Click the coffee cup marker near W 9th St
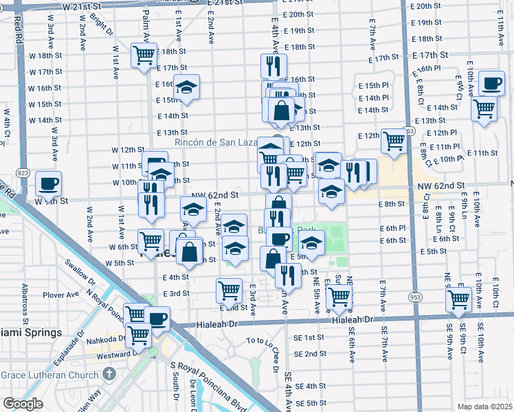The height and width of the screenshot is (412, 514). pyautogui.click(x=48, y=184)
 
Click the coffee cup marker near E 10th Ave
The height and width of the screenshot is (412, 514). pyautogui.click(x=491, y=84)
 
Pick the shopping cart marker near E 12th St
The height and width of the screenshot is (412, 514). pyautogui.click(x=394, y=141)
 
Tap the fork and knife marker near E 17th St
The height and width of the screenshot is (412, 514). pyautogui.click(x=273, y=67)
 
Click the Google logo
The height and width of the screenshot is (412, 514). pyautogui.click(x=23, y=403)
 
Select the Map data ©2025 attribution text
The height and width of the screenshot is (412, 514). pyautogui.click(x=484, y=406)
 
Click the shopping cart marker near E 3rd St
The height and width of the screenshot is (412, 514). pyautogui.click(x=229, y=290)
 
